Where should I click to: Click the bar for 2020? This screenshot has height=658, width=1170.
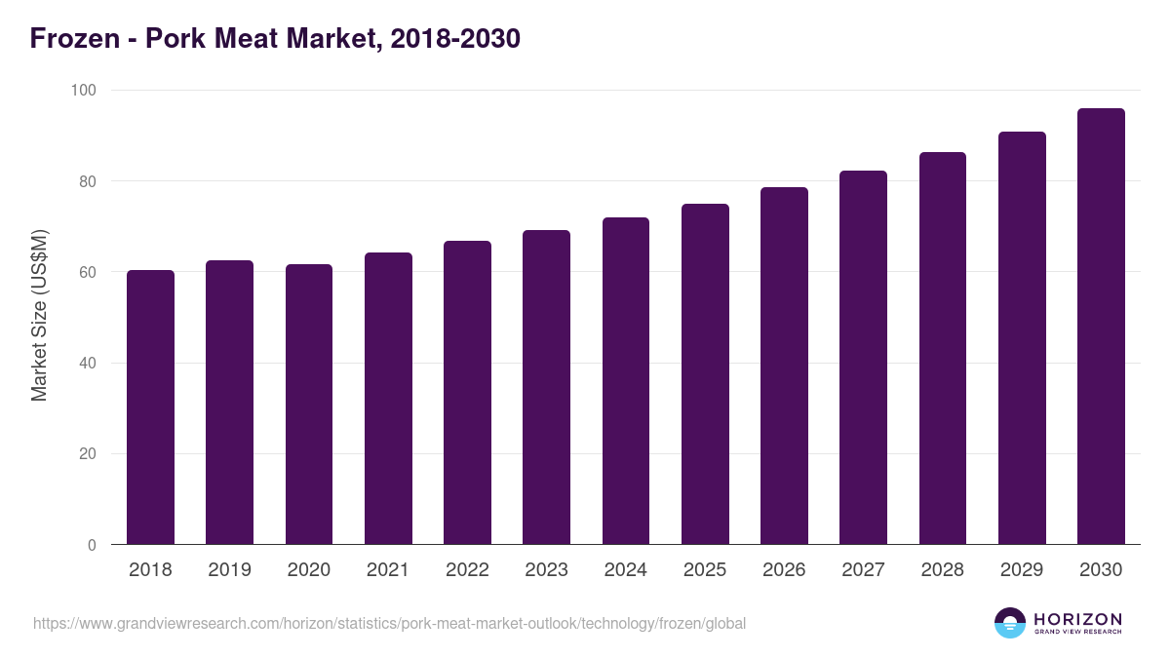click(x=309, y=405)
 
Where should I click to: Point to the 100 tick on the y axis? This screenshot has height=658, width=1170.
click(x=83, y=91)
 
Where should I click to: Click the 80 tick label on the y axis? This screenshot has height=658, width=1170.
click(x=87, y=181)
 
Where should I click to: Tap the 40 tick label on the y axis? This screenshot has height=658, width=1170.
click(x=87, y=364)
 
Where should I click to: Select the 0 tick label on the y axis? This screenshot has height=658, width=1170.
click(x=92, y=546)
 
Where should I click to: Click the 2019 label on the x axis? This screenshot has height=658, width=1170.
click(x=229, y=570)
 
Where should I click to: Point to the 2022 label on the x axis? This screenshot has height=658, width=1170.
click(x=467, y=570)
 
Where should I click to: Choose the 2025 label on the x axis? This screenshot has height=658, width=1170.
click(x=705, y=570)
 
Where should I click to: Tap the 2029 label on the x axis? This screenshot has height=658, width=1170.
click(x=1022, y=570)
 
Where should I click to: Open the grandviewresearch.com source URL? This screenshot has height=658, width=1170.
click(x=390, y=623)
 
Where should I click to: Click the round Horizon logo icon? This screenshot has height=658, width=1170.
click(x=1010, y=623)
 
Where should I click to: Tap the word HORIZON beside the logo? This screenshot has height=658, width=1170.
click(x=1077, y=618)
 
